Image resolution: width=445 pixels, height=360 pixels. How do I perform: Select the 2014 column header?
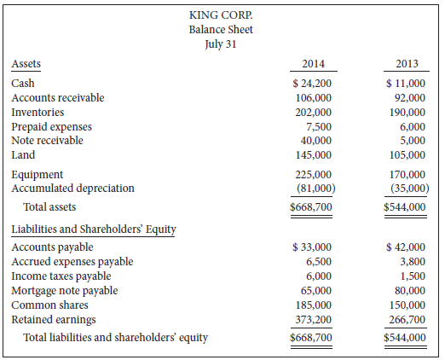tap(314, 64)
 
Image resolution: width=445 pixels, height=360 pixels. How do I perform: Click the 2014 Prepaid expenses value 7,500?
tap(319, 127)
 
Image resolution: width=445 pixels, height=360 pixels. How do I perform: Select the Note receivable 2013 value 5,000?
tap(413, 141)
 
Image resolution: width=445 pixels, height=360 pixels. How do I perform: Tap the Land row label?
tap(23, 155)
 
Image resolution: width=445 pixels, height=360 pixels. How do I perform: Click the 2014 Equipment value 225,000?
tap(314, 175)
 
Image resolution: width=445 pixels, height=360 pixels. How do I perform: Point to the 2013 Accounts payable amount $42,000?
tap(407, 248)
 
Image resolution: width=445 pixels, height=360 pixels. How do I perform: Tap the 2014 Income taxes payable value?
tap(321, 276)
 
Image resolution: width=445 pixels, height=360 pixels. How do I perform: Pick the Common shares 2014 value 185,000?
tap(314, 305)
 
